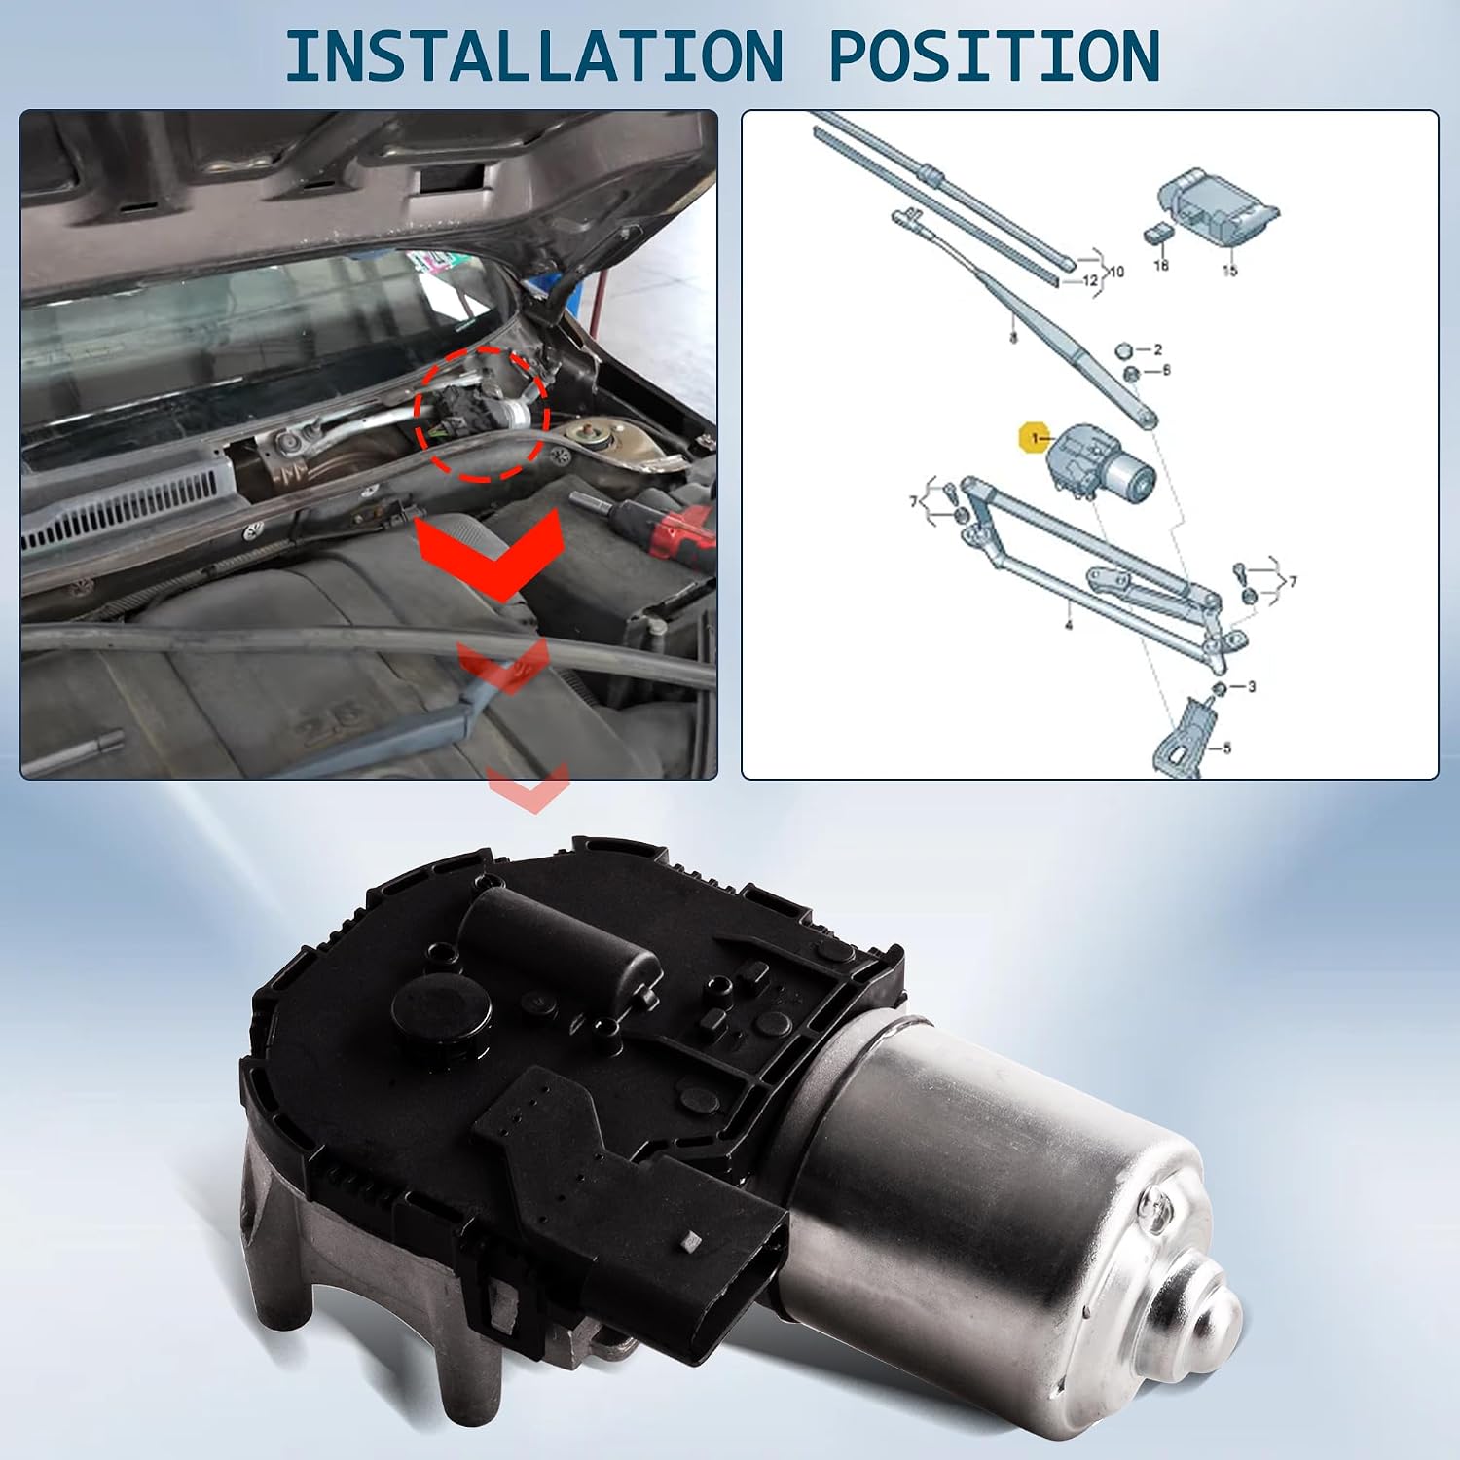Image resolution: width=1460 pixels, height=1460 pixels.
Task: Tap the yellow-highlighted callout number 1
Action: point(1034,439)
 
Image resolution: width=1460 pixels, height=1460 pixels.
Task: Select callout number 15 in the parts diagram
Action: point(1229,271)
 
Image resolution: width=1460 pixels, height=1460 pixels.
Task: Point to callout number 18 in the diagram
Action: point(1160,265)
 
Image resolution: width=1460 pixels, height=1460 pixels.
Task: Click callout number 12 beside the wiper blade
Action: point(1090,280)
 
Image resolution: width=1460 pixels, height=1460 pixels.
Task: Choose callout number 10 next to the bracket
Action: point(1115,272)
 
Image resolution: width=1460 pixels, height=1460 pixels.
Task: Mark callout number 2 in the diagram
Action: point(1157,348)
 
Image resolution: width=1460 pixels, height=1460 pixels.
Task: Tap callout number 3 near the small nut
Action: point(1251,686)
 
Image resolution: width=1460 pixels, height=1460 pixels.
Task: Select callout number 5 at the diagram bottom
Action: point(1226,748)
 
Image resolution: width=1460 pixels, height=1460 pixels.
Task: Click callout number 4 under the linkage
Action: point(1068,624)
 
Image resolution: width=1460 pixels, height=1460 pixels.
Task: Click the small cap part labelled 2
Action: point(1122,349)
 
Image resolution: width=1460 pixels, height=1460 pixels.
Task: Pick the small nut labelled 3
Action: point(1218,689)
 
